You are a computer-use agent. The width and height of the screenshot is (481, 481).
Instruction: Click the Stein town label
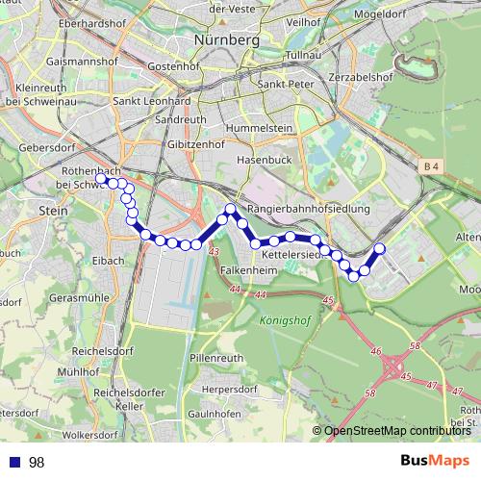[51, 208]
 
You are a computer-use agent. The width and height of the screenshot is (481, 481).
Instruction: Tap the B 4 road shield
[431, 167]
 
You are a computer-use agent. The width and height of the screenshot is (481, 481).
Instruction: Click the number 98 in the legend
[37, 462]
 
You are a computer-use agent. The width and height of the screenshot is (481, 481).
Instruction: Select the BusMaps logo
[435, 461]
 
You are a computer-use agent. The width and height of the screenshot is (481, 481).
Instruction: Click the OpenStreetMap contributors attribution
[395, 431]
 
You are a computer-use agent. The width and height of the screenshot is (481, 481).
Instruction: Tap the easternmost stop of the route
[379, 249]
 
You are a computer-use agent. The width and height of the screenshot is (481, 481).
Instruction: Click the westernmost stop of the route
[101, 178]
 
